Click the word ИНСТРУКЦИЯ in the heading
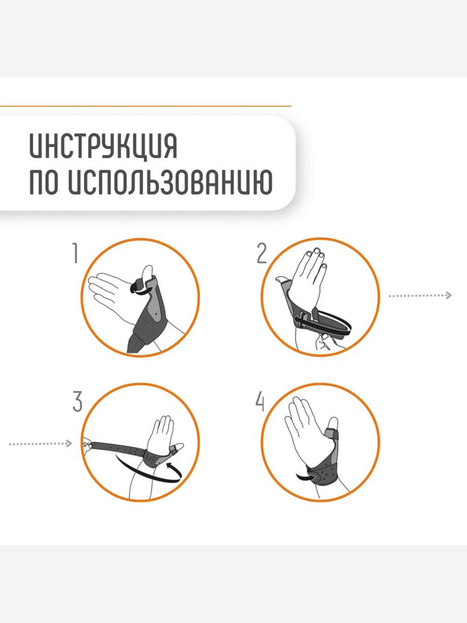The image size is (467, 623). [103, 146]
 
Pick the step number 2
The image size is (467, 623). [261, 253]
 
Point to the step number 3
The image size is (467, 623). [77, 402]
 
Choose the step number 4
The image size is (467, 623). [260, 402]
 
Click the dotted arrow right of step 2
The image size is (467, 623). [420, 295]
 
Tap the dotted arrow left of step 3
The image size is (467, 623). [40, 444]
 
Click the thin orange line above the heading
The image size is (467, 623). [145, 106]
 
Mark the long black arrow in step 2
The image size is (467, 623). [322, 322]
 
